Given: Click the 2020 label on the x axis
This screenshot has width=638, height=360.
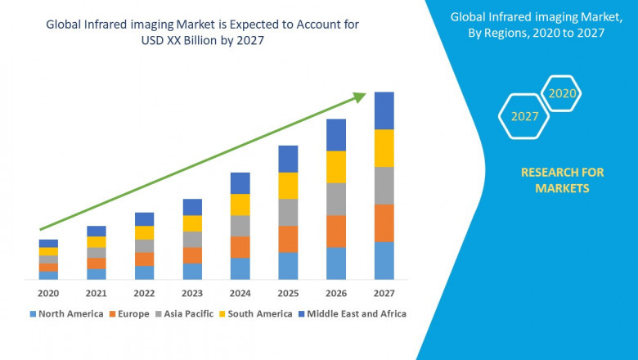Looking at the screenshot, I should [48, 293].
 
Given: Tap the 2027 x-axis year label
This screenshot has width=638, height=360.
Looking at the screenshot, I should [384, 293].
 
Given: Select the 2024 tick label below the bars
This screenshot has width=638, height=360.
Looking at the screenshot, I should [240, 293].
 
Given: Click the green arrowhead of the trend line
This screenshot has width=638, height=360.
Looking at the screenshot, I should [359, 97].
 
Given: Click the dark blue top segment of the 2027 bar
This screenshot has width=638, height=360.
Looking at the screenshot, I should [384, 110].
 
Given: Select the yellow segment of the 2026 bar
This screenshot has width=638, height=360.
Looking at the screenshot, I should [336, 167].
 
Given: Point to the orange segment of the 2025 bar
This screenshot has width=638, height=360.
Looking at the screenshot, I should [288, 239].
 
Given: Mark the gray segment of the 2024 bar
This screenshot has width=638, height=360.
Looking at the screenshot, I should [240, 226].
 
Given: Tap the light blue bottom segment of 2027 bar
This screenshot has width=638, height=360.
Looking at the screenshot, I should [384, 260].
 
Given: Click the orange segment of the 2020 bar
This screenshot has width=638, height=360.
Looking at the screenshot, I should [48, 268].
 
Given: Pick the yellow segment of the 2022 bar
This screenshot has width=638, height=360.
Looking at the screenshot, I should [144, 232].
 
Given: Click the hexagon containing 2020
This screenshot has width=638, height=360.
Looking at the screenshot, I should [562, 94].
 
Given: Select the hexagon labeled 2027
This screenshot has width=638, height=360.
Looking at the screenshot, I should [524, 116].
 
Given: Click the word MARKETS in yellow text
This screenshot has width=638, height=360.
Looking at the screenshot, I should [562, 188].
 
